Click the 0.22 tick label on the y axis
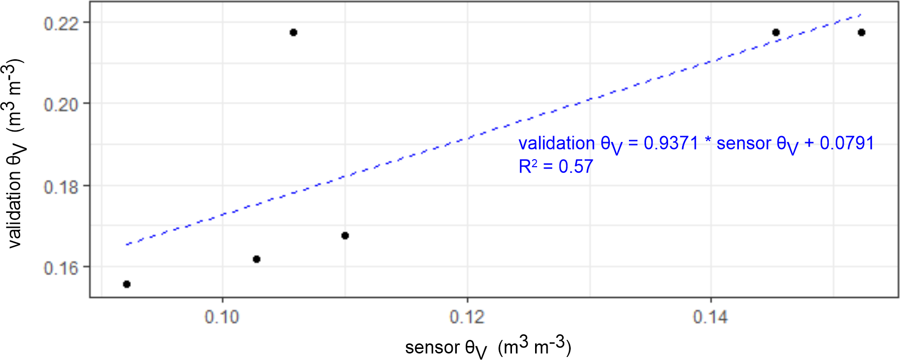click(61, 23)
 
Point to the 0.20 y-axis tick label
click(61, 104)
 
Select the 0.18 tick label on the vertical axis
click(61, 187)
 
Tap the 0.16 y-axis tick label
click(61, 268)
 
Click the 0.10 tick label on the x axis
click(222, 317)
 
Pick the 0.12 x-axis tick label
click(467, 317)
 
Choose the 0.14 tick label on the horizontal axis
click(710, 317)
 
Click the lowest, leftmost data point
click(127, 284)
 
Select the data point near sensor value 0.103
click(256, 259)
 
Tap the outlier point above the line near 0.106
click(294, 33)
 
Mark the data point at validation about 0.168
click(345, 235)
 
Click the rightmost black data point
click(862, 33)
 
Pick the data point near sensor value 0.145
click(776, 33)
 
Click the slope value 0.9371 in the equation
click(671, 144)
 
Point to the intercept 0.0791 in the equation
click(847, 144)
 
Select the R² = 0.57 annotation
click(556, 167)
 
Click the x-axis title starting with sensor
click(488, 347)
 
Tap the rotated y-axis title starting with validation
click(15, 153)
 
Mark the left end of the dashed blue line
click(127, 245)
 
